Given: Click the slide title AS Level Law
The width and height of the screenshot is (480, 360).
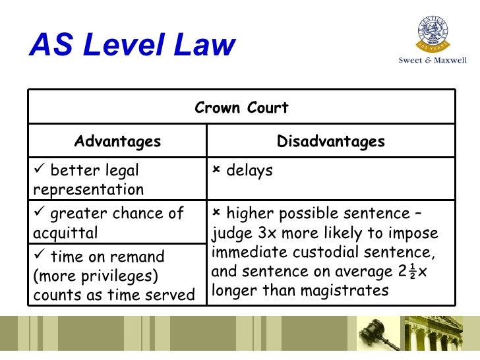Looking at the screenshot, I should click(x=133, y=46).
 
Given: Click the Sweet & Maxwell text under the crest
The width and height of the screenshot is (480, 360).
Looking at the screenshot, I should click(x=432, y=60).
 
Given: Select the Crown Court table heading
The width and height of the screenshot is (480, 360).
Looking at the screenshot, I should click(x=241, y=107).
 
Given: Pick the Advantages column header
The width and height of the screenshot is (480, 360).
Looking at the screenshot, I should click(x=117, y=141).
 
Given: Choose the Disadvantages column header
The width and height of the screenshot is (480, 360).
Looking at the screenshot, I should click(x=330, y=141).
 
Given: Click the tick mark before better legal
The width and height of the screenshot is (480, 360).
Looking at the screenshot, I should click(x=38, y=171).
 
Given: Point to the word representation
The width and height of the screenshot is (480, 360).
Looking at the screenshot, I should click(x=88, y=190).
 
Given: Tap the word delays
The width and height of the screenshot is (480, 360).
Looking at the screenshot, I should click(x=249, y=171).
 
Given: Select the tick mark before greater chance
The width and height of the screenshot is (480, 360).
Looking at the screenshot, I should click(x=38, y=213).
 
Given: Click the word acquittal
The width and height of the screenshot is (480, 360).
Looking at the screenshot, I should click(x=65, y=232).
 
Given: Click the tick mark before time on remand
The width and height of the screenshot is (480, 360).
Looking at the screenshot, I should click(x=38, y=256).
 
